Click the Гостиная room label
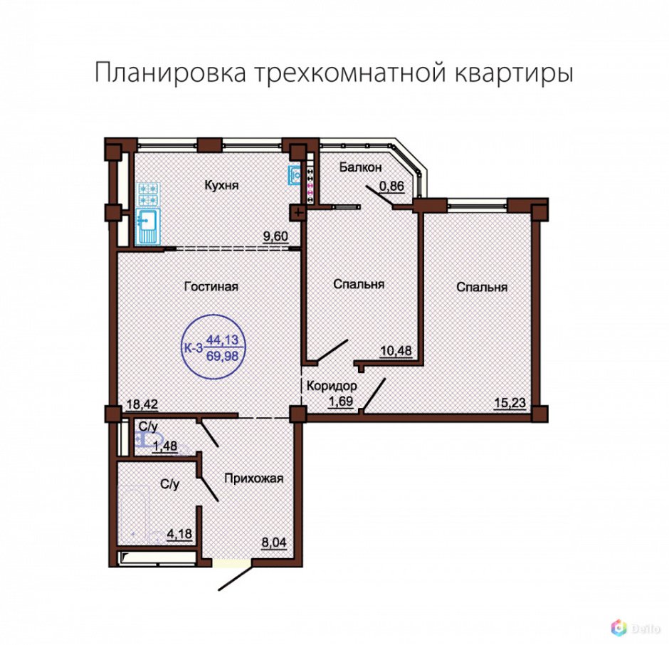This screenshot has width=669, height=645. tap(211, 286)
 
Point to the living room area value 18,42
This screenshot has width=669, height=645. tap(142, 404)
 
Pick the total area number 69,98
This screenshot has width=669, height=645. tap(223, 355)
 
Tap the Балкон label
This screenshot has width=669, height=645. tap(362, 167)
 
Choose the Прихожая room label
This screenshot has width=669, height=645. tap(254, 478)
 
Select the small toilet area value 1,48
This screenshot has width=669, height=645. tap(168, 446)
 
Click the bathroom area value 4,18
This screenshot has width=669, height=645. tap(180, 531)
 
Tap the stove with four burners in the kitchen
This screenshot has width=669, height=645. tap(149, 194)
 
